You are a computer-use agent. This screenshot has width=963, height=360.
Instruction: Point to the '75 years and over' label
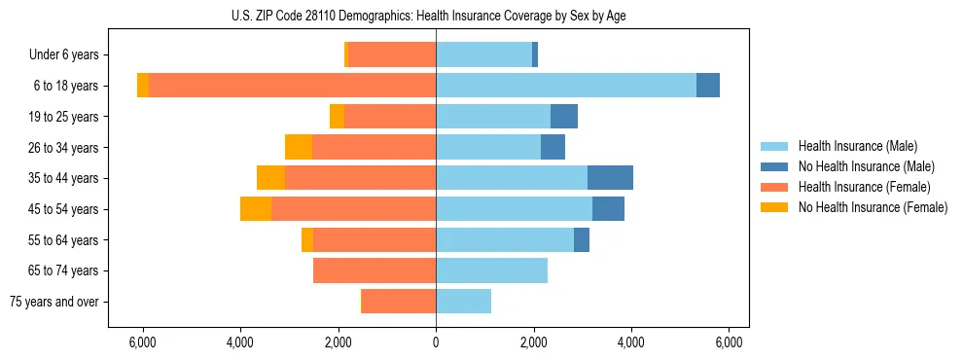(x=54, y=302)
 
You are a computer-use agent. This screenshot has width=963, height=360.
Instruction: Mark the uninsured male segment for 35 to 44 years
(x=610, y=178)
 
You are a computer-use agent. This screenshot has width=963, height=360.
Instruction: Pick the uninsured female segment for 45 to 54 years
(x=256, y=209)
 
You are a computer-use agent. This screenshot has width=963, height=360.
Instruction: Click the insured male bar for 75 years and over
(x=463, y=302)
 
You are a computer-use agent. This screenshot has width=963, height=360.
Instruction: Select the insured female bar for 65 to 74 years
(x=374, y=270)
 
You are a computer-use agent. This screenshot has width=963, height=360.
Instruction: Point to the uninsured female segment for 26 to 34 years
(x=299, y=147)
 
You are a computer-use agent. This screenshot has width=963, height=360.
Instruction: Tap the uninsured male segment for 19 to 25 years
(x=564, y=117)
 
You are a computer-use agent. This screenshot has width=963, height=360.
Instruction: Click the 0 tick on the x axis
(x=436, y=342)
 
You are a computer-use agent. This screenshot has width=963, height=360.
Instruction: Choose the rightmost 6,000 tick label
(x=730, y=342)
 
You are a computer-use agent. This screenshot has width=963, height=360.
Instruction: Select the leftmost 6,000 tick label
(x=143, y=342)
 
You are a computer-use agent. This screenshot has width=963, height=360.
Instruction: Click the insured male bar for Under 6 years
(x=483, y=55)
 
